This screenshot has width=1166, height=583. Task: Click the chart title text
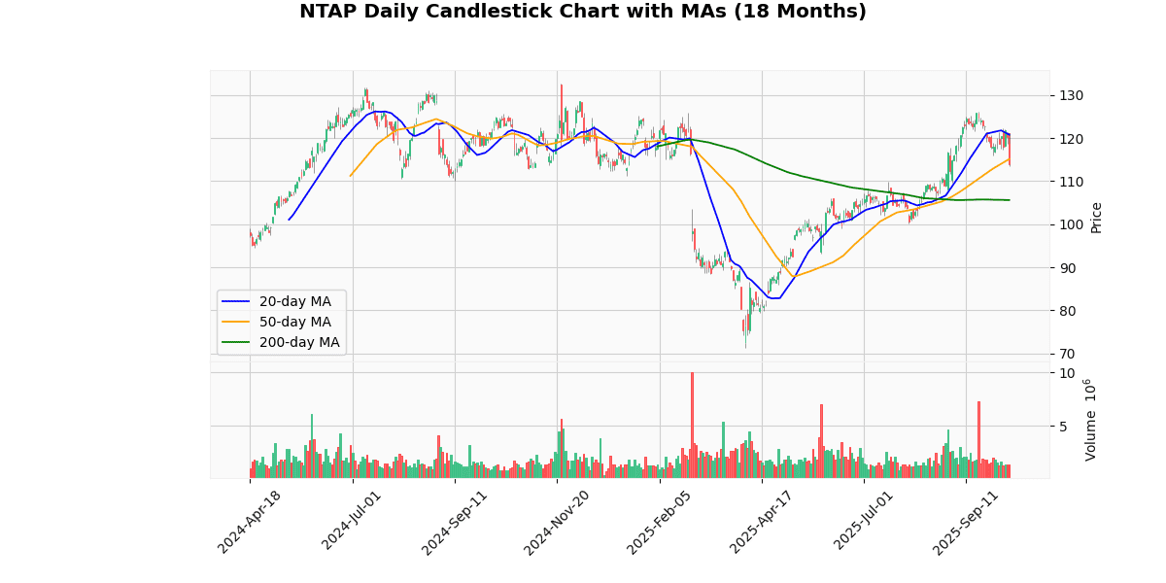pyautogui.click(x=582, y=12)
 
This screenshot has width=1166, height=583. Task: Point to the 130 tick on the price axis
pyautogui.click(x=1073, y=95)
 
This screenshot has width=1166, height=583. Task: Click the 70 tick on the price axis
pyautogui.click(x=1069, y=354)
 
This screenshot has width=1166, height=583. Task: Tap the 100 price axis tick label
pyautogui.click(x=1073, y=224)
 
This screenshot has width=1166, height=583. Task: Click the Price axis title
pyautogui.click(x=1096, y=217)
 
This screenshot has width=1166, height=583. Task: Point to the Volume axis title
pyautogui.click(x=1090, y=420)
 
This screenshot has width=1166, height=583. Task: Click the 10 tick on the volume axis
pyautogui.click(x=1067, y=373)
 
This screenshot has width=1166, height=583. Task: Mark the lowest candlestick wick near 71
pyautogui.click(x=745, y=346)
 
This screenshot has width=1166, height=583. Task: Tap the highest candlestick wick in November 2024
pyautogui.click(x=561, y=86)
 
